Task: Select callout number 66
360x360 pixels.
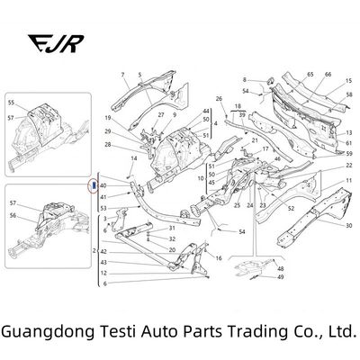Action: tap(327, 72)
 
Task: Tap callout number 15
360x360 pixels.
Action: tap(349, 81)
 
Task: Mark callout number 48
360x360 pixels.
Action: tap(282, 269)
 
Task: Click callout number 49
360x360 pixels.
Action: tap(282, 277)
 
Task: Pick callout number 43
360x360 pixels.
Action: tap(104, 262)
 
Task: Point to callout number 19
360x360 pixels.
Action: tap(107, 118)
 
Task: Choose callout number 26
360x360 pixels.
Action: tap(219, 98)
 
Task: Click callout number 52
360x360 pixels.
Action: tap(291, 209)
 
